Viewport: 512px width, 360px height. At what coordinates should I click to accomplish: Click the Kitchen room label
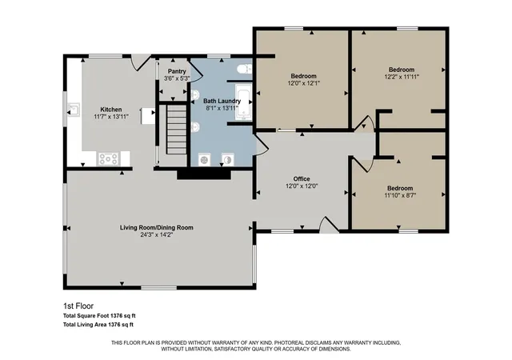111,110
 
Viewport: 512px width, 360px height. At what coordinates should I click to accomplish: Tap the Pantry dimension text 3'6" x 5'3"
177,78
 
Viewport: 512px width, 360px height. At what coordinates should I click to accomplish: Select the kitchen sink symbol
74,110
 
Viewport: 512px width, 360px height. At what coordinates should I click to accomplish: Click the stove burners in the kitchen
109,159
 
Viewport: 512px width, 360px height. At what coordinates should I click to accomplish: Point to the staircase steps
177,129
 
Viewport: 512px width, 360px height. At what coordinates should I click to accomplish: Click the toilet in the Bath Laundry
245,70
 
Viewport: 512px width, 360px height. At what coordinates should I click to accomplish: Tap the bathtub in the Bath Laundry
243,102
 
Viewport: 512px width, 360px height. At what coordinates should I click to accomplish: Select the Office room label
302,178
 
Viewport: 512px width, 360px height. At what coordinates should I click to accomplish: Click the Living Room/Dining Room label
157,227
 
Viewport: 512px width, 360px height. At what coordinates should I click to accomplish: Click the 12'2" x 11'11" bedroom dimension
402,77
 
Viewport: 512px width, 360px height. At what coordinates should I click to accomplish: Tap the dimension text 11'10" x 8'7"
400,195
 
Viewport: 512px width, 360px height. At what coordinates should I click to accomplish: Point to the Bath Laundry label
222,101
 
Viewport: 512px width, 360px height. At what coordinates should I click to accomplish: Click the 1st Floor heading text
78,306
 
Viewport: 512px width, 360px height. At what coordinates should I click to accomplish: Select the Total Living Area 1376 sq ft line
98,325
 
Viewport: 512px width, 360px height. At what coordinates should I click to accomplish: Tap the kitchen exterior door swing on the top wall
141,62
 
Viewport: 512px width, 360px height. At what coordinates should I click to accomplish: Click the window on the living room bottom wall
158,288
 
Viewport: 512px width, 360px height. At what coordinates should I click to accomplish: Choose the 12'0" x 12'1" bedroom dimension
304,83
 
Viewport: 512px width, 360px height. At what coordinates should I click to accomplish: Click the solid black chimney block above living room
204,174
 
